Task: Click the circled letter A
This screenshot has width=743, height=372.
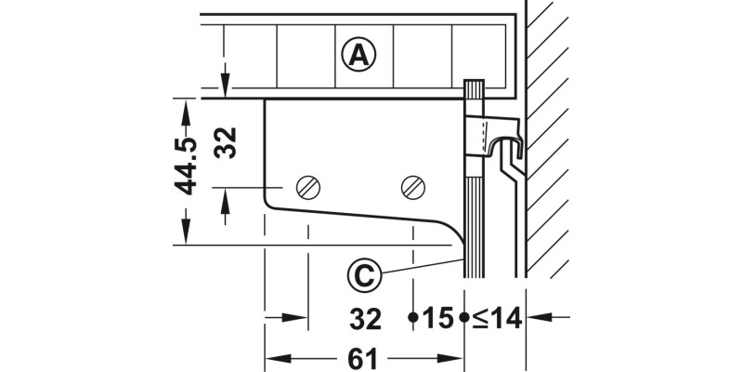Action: tap(359, 55)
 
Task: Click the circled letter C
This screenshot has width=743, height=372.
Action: tap(365, 275)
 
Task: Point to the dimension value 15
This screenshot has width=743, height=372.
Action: tap(437, 319)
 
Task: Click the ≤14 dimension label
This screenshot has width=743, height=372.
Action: tap(495, 319)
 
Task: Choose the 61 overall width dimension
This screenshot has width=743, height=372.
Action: tap(365, 356)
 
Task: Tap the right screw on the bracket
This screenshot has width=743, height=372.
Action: tap(413, 187)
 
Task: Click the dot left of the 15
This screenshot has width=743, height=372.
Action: tap(412, 318)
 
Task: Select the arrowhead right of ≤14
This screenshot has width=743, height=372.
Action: tap(536, 318)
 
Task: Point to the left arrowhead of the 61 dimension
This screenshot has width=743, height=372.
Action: tap(274, 357)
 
